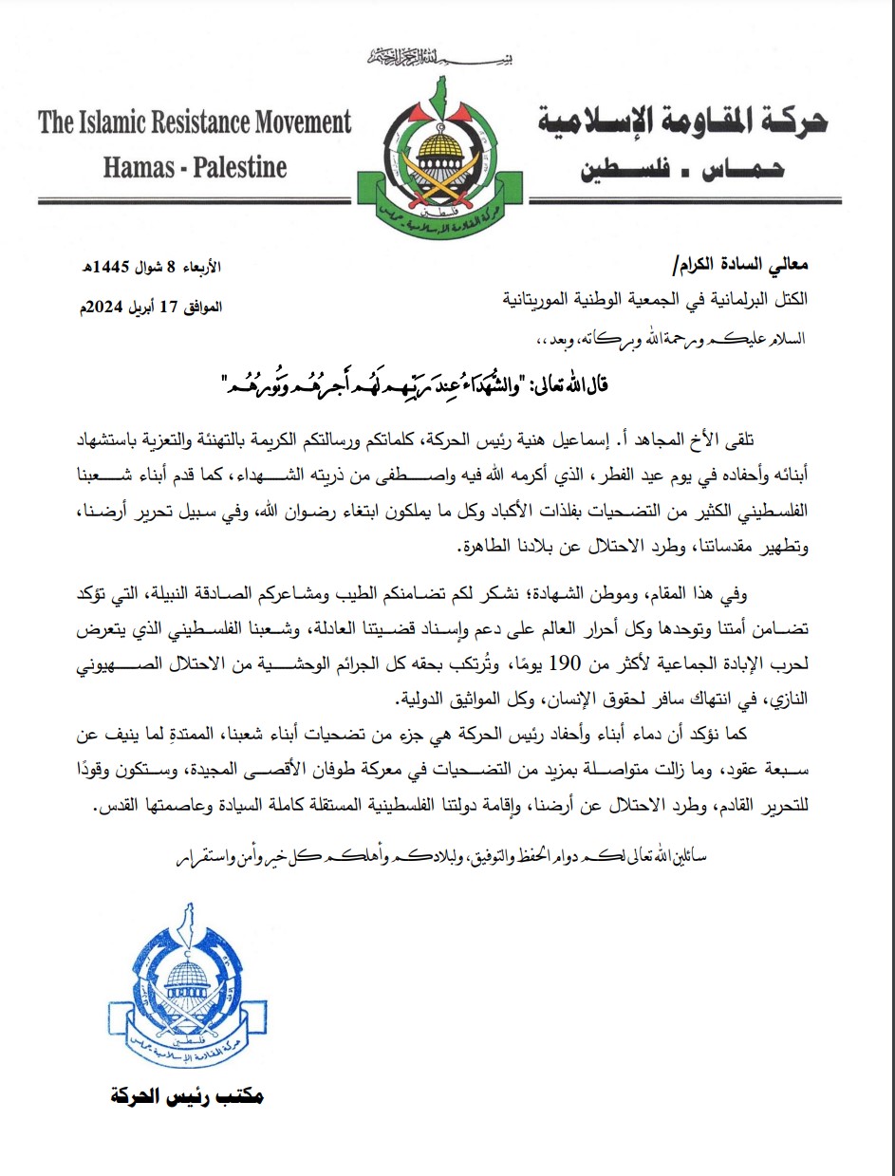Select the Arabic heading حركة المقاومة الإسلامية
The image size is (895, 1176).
pos(682,123)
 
